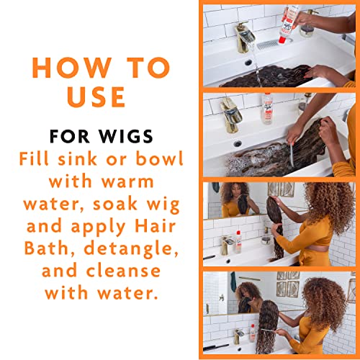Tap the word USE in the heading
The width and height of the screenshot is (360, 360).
(x=96, y=96)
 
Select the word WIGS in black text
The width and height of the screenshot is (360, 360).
(x=126, y=136)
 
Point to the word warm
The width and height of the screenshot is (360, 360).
(x=127, y=181)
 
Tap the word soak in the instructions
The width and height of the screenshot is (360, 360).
(x=114, y=204)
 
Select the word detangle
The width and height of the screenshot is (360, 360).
(x=131, y=249)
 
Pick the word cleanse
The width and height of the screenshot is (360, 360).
(x=123, y=271)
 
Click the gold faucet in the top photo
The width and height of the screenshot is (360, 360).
(x=244, y=37)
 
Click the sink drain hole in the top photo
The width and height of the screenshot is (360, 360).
(x=248, y=63)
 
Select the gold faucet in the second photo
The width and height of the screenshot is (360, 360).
(x=231, y=114)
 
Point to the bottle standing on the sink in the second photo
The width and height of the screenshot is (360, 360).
(x=267, y=109)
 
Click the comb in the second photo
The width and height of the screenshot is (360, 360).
(x=292, y=154)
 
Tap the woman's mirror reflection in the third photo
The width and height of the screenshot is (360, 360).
(x=236, y=200)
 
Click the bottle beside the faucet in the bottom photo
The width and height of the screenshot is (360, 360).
(x=252, y=333)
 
